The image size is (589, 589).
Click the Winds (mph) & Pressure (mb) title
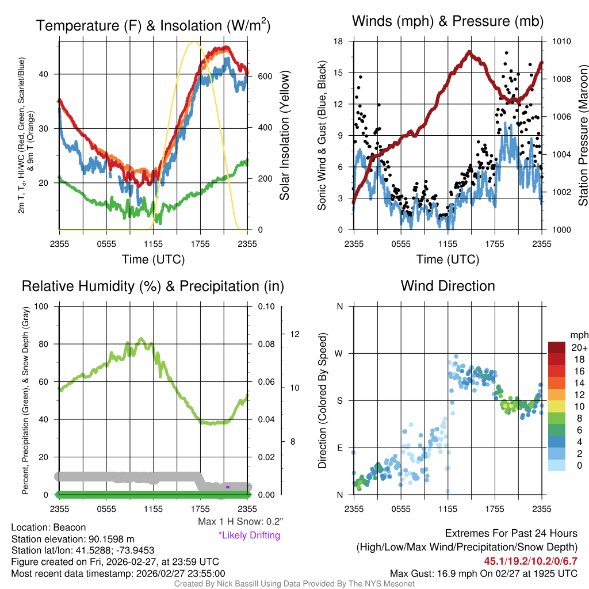(448, 21)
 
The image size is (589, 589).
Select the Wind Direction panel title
(448, 286)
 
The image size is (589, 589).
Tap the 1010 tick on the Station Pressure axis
(561, 41)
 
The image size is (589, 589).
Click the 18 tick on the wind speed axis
(339, 41)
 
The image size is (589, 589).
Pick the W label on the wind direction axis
(339, 353)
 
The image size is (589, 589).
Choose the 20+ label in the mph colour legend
(579, 348)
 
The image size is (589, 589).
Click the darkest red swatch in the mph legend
(557, 347)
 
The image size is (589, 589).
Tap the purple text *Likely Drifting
(249, 536)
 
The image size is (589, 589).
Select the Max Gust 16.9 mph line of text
(484, 573)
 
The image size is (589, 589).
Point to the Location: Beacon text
(48, 527)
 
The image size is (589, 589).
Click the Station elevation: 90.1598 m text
(72, 539)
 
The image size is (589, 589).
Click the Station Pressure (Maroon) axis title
(583, 135)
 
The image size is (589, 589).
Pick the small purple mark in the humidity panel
(228, 487)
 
